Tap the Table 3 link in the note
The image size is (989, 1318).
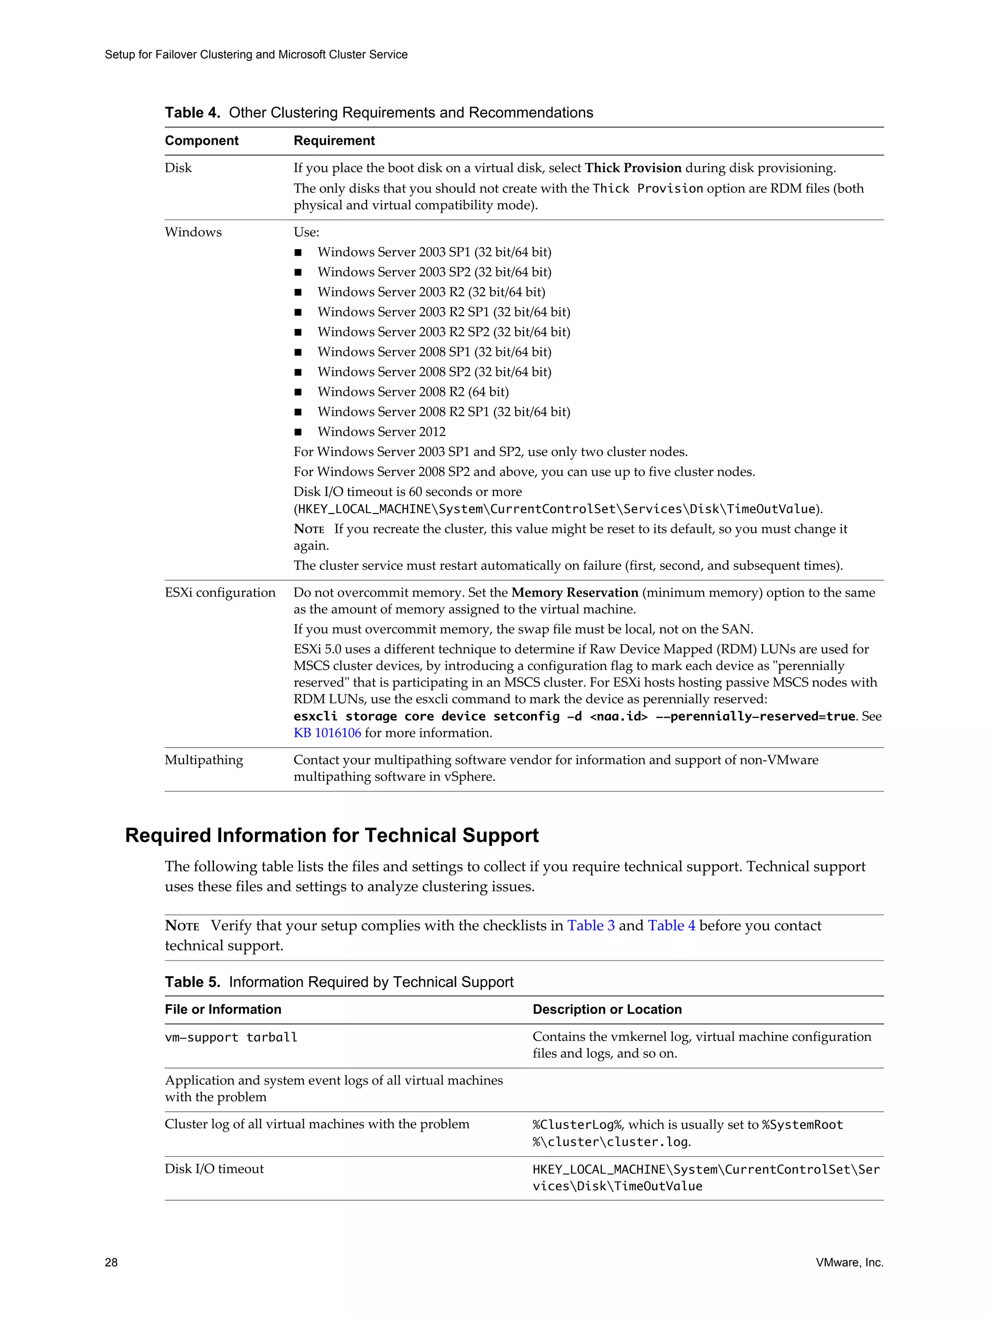click(590, 925)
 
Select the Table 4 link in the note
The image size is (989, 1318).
click(671, 925)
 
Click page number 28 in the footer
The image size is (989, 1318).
click(111, 1262)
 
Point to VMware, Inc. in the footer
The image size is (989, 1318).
click(849, 1262)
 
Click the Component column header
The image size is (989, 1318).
click(201, 140)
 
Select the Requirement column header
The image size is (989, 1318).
click(334, 140)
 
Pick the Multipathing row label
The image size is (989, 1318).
click(204, 760)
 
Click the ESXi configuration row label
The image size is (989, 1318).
click(220, 593)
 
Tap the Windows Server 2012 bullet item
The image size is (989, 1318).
click(381, 432)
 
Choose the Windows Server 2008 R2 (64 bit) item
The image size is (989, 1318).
click(412, 392)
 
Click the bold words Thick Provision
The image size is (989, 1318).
click(633, 168)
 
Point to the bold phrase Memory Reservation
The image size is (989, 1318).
click(575, 593)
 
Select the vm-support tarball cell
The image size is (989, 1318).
click(231, 1037)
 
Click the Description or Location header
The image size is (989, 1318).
click(607, 1009)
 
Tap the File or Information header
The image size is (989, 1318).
click(223, 1009)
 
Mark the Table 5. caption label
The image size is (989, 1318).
click(193, 982)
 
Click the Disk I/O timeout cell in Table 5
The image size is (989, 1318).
click(214, 1169)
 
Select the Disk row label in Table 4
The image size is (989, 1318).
click(178, 168)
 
